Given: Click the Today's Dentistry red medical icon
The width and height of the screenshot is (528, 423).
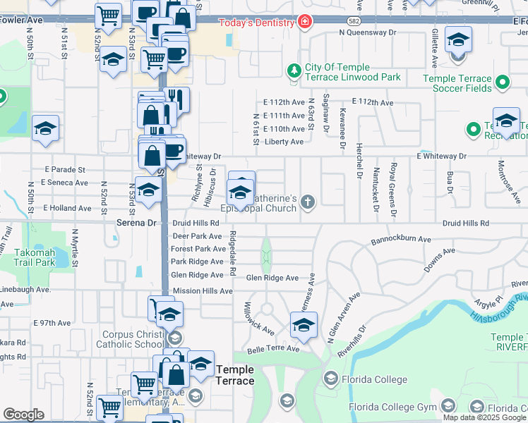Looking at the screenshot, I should (304, 22).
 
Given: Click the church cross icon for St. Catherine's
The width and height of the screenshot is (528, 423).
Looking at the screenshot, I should (307, 202).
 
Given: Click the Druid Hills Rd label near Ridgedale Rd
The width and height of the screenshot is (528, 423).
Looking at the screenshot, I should (196, 223).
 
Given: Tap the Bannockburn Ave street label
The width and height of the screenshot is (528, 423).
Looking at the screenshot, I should (401, 240).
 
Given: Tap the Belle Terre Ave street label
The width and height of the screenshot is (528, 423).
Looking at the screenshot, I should (272, 349).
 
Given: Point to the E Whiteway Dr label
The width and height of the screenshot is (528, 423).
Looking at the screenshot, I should (441, 156).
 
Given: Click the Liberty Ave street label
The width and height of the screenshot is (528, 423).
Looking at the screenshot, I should (284, 142).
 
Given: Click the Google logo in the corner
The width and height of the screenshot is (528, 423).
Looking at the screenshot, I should (24, 415).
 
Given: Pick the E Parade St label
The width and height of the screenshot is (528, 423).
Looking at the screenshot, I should (64, 170).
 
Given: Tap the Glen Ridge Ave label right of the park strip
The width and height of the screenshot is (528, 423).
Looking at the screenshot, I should (272, 278).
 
